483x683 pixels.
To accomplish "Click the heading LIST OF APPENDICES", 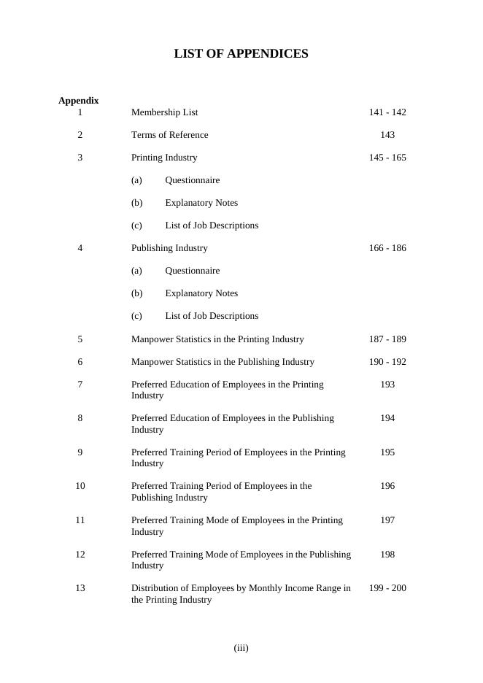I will [241, 54].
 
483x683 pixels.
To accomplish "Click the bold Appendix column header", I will [78, 101].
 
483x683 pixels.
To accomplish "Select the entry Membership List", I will [164, 112].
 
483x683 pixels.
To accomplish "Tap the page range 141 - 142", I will [387, 112].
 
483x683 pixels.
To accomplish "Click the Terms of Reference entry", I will [169, 135].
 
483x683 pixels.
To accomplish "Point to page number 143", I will [387, 135].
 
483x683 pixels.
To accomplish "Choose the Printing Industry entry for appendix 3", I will [164, 158].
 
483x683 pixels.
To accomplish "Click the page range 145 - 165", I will [387, 158].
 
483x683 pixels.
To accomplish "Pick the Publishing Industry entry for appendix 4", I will [169, 248].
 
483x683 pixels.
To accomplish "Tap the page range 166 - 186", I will [387, 248].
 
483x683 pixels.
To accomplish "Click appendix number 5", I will [80, 339].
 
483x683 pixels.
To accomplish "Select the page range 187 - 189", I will [387, 339].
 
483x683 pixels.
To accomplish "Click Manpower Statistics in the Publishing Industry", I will [223, 362].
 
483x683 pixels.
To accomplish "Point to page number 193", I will [387, 385].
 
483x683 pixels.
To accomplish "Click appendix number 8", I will [80, 418].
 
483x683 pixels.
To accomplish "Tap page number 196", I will [387, 486].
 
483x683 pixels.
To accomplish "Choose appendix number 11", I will [80, 520].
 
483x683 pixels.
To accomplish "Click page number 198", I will [387, 555].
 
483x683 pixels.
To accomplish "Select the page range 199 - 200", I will [387, 588].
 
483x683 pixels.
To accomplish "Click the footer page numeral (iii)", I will [241, 648].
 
